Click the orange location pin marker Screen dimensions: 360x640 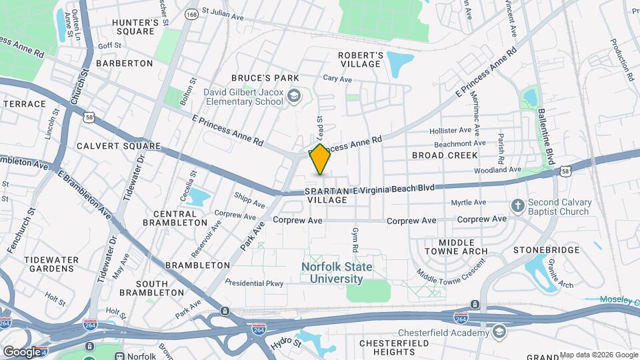click(320, 159)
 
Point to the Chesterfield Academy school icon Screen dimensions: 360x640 click(499, 332)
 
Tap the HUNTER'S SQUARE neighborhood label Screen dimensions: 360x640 click(135, 27)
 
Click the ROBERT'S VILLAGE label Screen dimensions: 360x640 click(360, 59)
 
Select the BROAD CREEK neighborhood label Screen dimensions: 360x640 click(445, 155)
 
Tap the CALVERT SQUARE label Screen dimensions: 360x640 click(118, 145)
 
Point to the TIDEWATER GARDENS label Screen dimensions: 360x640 click(49, 263)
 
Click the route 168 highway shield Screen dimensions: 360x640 click(192, 13)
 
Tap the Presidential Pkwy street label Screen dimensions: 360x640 click(255, 283)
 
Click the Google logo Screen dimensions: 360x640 click(21, 351)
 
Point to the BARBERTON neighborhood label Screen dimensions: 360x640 click(125, 63)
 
